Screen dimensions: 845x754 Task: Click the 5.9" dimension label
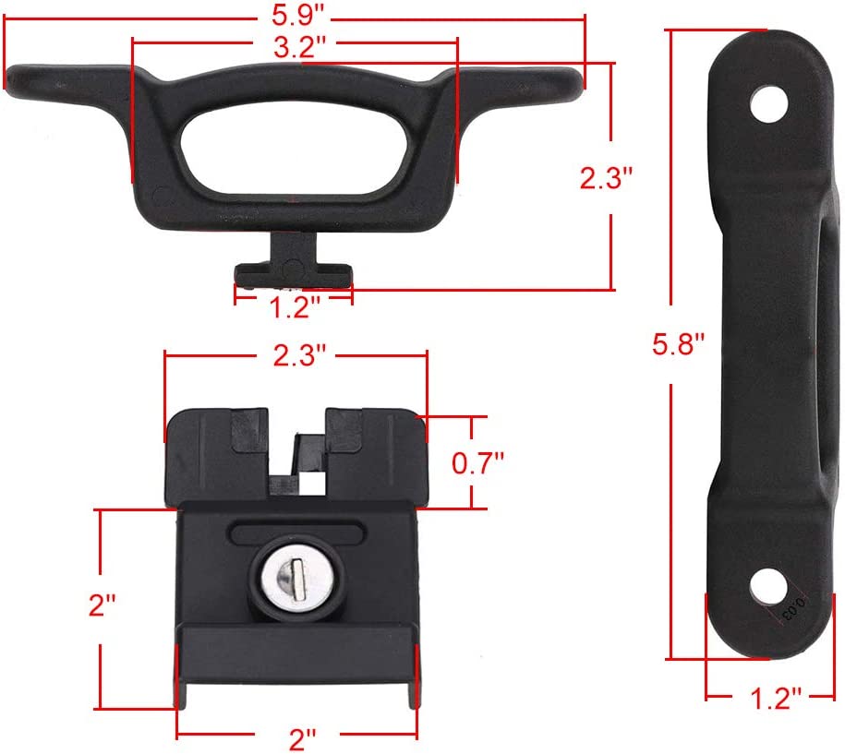(x=298, y=15)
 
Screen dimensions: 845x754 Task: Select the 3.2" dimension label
(x=299, y=47)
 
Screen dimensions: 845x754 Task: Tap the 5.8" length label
(x=679, y=344)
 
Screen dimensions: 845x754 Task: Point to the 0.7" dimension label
(x=477, y=463)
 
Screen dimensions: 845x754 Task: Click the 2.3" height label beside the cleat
(x=606, y=178)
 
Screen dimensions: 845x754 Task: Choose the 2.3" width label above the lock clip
(x=299, y=355)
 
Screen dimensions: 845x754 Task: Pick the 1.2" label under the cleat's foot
(x=295, y=307)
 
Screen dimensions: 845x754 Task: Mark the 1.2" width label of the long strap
(x=776, y=699)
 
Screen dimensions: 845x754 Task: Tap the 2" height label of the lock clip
(x=103, y=604)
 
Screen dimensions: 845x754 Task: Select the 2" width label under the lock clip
(x=303, y=739)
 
